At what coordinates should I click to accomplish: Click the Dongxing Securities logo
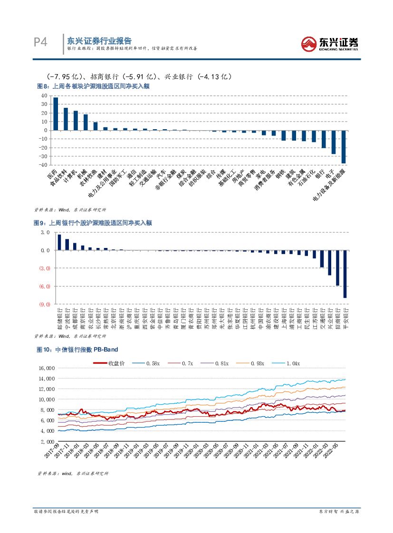[329, 44]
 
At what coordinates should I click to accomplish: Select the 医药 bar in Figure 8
[56, 114]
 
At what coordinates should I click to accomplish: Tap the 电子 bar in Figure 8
[334, 142]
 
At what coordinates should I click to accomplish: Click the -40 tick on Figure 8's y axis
[43, 165]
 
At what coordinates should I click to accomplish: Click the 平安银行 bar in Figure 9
[345, 274]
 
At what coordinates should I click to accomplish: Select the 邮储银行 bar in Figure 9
[59, 242]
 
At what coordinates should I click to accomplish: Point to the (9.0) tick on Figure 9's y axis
[45, 304]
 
